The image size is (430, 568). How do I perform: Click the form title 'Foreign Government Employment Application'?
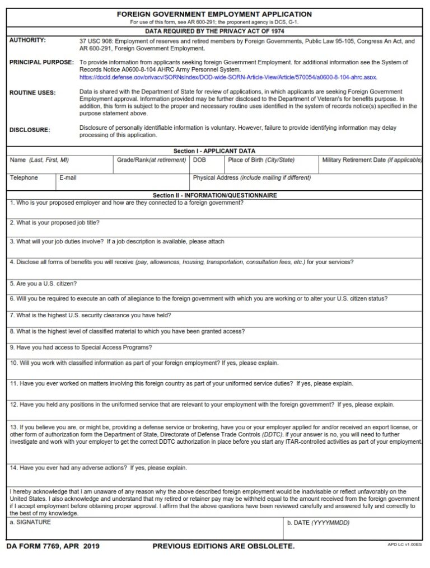(x=214, y=14)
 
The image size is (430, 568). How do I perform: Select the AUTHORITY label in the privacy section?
(x=28, y=40)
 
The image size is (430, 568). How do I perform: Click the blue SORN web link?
(x=228, y=77)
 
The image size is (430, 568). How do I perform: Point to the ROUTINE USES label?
(x=32, y=93)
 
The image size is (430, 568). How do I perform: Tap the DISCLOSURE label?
(x=30, y=130)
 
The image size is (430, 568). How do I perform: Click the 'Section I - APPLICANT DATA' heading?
(x=214, y=151)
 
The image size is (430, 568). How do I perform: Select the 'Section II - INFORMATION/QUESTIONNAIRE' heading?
(x=214, y=195)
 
